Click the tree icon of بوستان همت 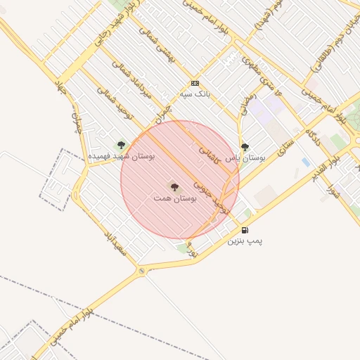coord(174,186)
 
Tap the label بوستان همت coord(174,199)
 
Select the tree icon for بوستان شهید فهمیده coord(121,145)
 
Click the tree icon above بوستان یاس coord(245,147)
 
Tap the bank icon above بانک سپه coord(195,82)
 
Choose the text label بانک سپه coord(195,94)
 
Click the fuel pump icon coord(244,230)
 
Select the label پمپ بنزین coord(244,240)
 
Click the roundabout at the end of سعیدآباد coord(142,270)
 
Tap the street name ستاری coord(283,149)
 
